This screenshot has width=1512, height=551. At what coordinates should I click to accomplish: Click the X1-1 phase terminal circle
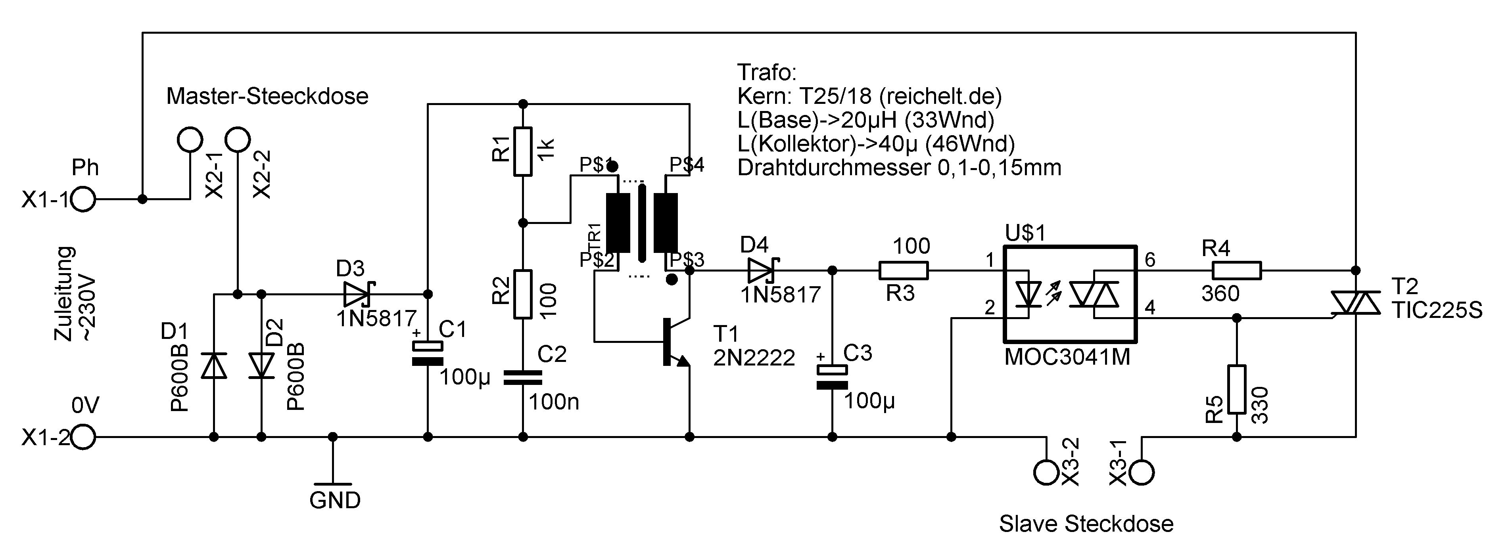click(83, 199)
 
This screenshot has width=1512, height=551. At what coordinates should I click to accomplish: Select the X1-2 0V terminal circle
click(83, 437)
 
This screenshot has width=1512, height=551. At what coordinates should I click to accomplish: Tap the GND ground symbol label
click(334, 500)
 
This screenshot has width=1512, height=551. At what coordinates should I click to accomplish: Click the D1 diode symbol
click(214, 365)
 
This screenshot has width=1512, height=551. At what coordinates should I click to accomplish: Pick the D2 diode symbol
click(262, 365)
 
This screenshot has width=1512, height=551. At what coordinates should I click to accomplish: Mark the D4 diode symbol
click(762, 270)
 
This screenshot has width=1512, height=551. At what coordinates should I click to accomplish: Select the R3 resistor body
click(903, 270)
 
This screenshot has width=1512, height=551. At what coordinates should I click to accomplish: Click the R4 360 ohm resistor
click(1236, 270)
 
